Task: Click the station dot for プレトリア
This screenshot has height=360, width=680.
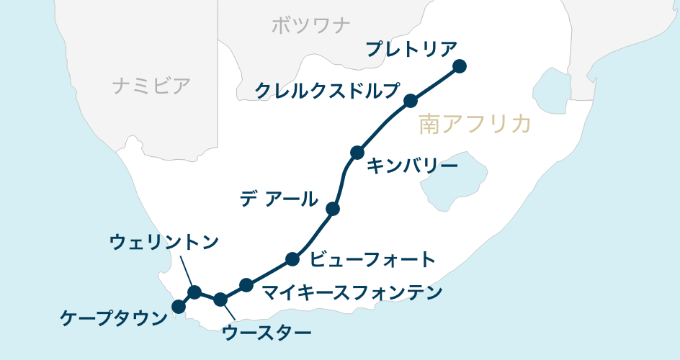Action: point(460,67)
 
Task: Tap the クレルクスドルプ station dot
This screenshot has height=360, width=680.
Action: point(411,100)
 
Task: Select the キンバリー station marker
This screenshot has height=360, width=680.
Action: point(357,153)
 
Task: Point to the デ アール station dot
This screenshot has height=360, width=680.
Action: point(333,209)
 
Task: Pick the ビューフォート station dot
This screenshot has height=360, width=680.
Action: point(292,259)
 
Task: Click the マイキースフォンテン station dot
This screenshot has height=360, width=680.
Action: point(246,285)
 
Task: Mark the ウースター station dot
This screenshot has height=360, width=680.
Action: point(221,299)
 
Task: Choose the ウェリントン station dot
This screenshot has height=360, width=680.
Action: point(194,292)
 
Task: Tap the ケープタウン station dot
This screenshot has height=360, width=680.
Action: point(179,307)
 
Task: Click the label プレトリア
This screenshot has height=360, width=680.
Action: point(411,50)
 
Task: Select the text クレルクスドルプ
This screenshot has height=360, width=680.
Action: point(327,91)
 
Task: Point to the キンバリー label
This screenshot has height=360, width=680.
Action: point(412,166)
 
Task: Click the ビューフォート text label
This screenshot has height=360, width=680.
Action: point(372,259)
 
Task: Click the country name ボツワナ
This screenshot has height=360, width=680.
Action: point(311,26)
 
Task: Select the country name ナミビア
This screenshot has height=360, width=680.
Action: point(151,86)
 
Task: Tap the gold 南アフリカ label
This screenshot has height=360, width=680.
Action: point(475,125)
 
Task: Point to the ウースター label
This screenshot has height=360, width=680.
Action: point(267,333)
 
